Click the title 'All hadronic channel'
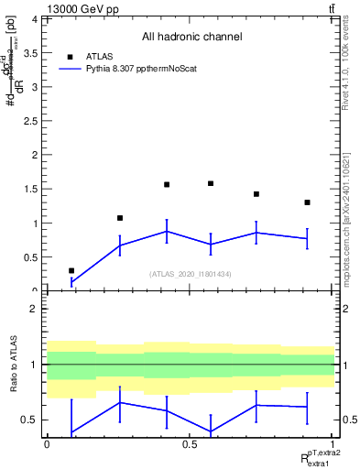click(x=191, y=37)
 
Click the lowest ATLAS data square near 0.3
click(x=71, y=271)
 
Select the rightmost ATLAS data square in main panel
click(x=307, y=202)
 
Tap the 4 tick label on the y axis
click(x=35, y=19)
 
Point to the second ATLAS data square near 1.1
click(x=120, y=218)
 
